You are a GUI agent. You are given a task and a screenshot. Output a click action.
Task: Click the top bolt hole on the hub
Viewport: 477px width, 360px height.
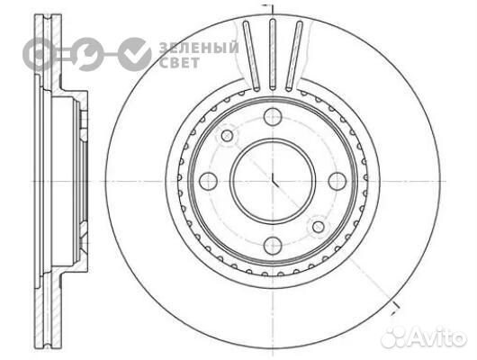point(273,115)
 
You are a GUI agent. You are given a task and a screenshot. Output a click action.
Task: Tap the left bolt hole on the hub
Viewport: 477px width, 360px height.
point(208,180)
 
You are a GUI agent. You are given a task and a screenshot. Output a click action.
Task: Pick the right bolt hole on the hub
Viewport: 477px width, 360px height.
point(337,180)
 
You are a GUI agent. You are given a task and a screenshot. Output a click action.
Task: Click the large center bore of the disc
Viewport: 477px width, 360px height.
point(273,180)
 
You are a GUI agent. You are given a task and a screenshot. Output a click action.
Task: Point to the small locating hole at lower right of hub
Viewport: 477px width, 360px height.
point(317,224)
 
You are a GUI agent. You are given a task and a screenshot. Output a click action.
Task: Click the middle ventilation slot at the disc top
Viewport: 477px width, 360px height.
point(272,55)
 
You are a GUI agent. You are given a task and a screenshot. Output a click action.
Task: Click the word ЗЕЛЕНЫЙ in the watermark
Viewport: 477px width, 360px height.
point(199,47)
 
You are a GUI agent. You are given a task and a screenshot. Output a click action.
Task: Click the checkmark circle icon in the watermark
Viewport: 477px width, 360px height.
point(136,54)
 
